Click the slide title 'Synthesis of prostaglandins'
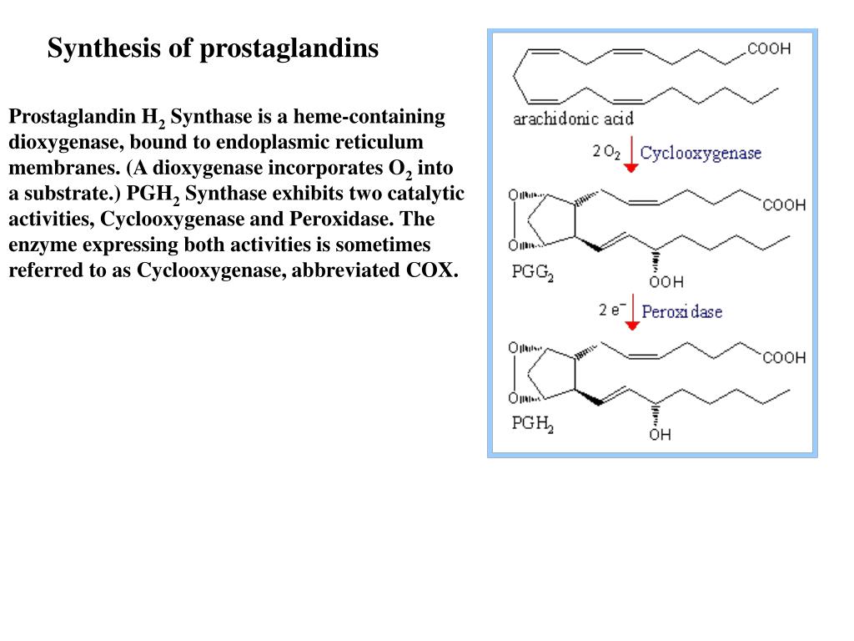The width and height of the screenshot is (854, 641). click(x=213, y=48)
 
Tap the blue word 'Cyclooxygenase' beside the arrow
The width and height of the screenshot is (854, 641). click(x=701, y=153)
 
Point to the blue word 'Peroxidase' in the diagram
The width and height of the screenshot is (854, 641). click(x=681, y=311)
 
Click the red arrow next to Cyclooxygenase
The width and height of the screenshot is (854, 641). click(x=631, y=155)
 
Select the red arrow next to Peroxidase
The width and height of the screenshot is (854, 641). click(x=631, y=314)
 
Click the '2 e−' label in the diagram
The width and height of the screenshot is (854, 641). click(x=611, y=310)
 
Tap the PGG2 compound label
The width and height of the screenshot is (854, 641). click(x=532, y=273)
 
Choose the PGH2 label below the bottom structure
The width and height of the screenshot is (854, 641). click(x=532, y=423)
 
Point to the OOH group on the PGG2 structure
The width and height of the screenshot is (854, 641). click(x=666, y=281)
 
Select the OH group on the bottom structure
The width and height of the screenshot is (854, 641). click(x=660, y=434)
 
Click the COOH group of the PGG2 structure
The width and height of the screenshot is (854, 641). click(x=783, y=205)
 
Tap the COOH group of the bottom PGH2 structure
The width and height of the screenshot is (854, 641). click(x=783, y=357)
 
